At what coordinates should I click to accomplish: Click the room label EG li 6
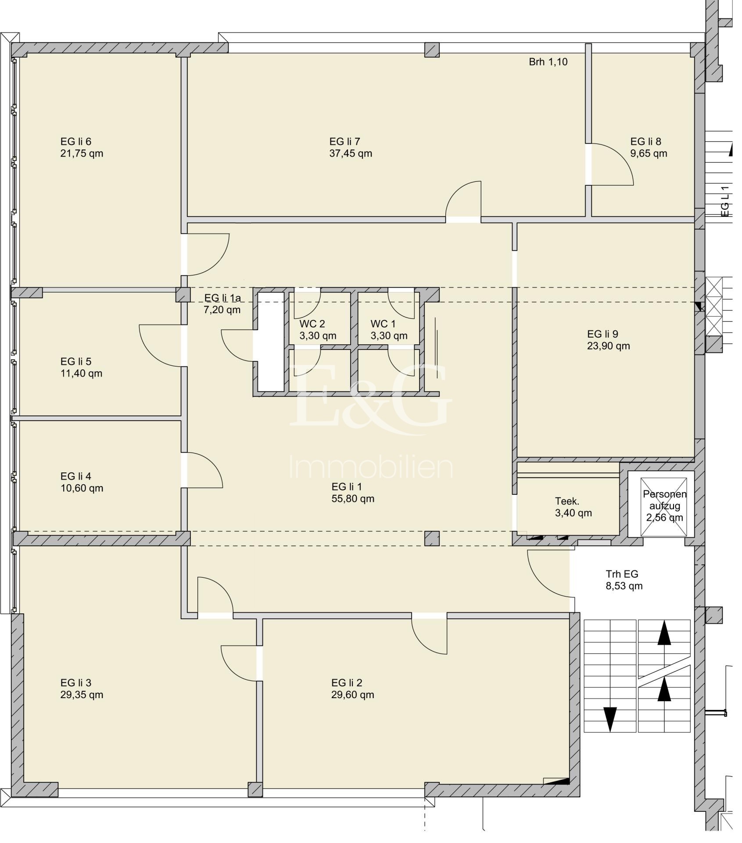coord(76,141)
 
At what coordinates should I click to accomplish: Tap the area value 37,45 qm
coord(351,153)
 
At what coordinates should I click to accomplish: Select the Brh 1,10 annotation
coord(548,62)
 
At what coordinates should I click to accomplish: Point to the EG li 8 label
coord(645,141)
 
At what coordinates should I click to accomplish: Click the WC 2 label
coord(312,324)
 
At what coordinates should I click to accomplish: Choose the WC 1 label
coord(383,324)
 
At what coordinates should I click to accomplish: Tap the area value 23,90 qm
coord(608,346)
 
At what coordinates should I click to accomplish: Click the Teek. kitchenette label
coord(567,501)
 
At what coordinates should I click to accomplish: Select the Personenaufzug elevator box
coord(664,505)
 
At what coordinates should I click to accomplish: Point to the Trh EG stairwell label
coord(622,574)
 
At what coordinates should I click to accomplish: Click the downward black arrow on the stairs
coord(610,719)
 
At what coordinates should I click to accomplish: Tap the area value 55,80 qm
coord(353,498)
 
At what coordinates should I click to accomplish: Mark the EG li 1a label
coord(222,298)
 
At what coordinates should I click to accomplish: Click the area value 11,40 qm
coord(81,373)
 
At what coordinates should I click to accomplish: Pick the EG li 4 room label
coord(76,476)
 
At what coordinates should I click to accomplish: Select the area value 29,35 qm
coord(82,695)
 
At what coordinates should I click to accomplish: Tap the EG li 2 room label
coord(347,683)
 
